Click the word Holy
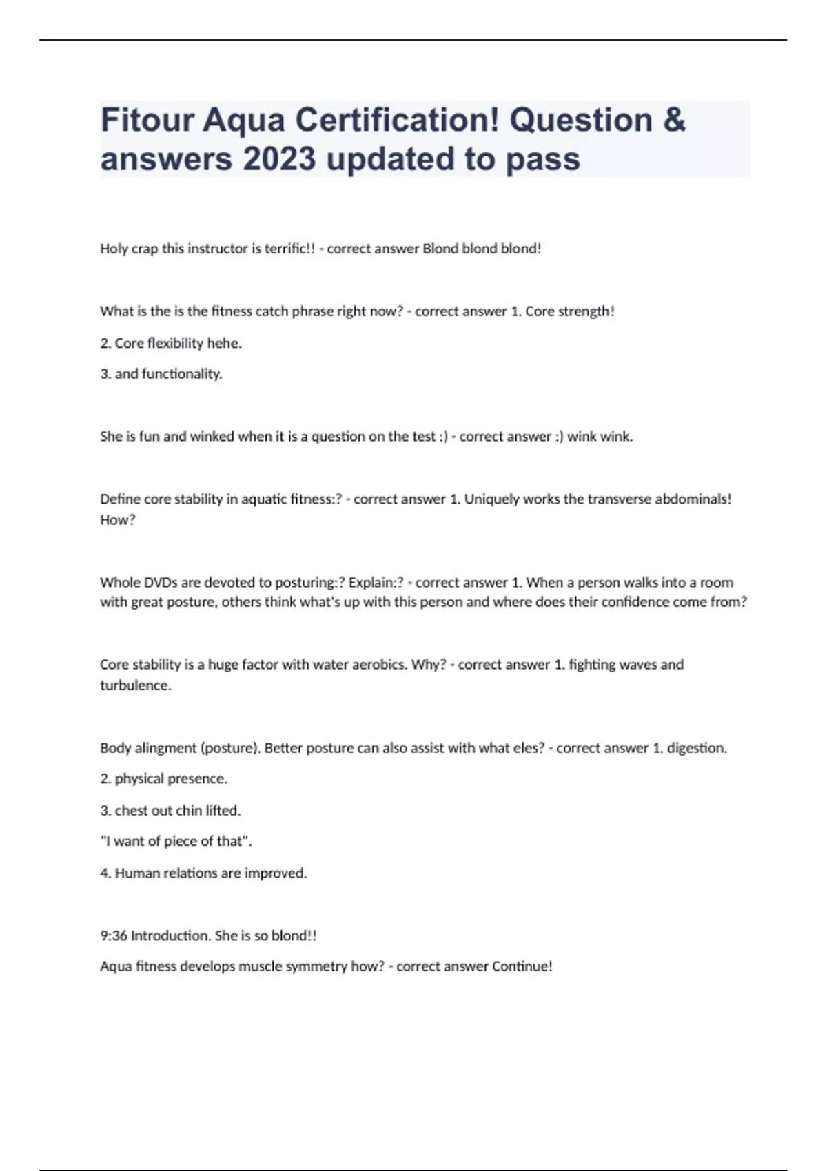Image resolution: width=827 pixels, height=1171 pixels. point(114,249)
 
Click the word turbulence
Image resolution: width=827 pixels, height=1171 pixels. point(136,685)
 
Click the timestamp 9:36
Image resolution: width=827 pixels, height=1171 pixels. point(113,936)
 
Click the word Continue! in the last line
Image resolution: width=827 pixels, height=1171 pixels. point(522,966)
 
